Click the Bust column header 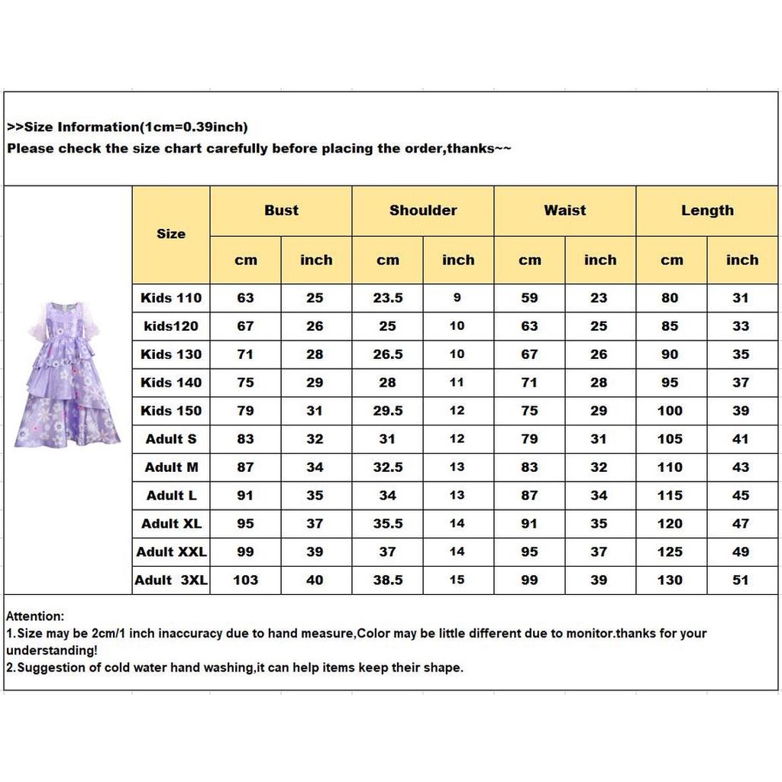[281, 210]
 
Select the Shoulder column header [423, 210]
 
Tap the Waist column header [565, 210]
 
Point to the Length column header [707, 210]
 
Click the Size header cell [171, 234]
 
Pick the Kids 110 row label [171, 298]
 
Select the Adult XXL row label [171, 551]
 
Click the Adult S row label [171, 439]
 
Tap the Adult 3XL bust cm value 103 [245, 580]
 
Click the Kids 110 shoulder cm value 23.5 [388, 298]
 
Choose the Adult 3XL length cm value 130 [670, 580]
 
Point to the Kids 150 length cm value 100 [670, 411]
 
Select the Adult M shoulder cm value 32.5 [388, 467]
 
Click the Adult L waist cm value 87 [529, 496]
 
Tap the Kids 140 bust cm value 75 [245, 383]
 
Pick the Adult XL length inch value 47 [741, 524]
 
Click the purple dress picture [67, 374]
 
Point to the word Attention [35, 616]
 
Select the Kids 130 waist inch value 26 [599, 354]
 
